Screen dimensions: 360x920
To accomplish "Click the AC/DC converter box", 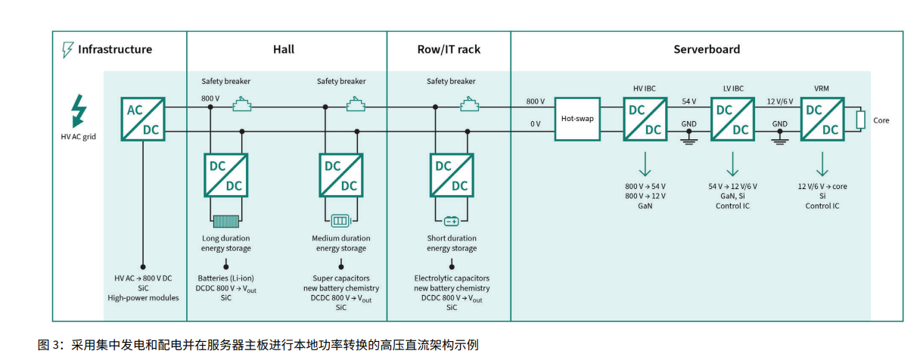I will coord(143,119).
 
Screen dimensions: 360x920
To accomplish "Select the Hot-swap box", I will coord(577,119).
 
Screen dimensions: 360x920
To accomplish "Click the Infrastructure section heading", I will coord(114,50).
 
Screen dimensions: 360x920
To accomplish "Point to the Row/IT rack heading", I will coord(449,50).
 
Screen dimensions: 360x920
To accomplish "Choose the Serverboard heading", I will coord(707,50).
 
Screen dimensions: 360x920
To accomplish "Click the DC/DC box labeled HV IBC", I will coord(645,119).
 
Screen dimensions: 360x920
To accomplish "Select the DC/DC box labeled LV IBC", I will coord(732,119).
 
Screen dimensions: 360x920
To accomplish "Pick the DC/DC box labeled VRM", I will coord(822,119).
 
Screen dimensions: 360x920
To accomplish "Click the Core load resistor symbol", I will coord(860,119).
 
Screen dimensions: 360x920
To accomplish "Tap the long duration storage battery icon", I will coord(225,221).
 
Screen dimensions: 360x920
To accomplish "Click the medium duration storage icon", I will coord(340,221).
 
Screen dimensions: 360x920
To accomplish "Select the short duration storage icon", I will coord(452,221).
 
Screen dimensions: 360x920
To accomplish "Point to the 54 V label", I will coord(689,101).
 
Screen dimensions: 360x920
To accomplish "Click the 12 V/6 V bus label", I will coord(780,101).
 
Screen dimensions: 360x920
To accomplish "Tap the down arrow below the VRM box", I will coord(822,164).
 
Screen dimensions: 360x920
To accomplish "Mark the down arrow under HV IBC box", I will coord(645,164).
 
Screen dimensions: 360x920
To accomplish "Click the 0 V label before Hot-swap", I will coord(536,123).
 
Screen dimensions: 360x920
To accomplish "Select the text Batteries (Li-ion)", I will coord(225,278).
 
